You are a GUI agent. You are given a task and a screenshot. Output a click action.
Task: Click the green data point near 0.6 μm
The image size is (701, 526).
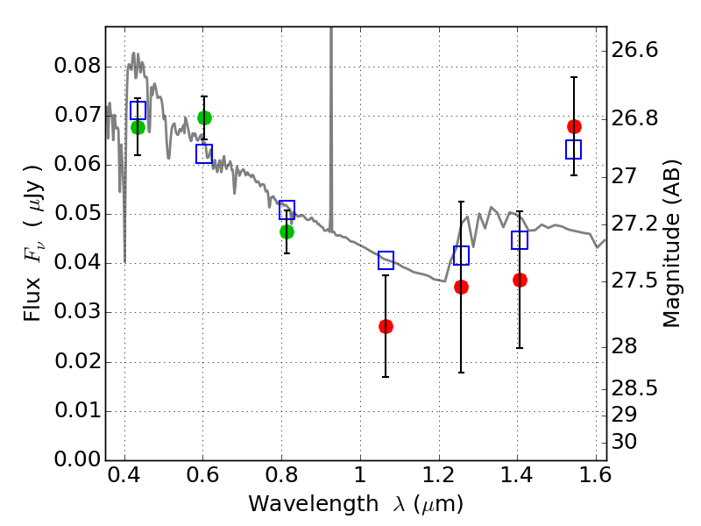(204, 117)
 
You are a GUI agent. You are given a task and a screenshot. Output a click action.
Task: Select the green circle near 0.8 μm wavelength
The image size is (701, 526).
(287, 231)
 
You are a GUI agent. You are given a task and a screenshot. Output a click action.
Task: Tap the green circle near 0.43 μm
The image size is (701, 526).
(138, 127)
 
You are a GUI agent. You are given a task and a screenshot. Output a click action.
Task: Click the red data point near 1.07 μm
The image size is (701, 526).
(386, 326)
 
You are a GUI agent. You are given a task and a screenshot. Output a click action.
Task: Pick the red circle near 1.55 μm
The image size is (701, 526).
(574, 126)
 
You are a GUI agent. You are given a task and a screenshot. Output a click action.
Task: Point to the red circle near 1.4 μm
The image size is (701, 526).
(520, 280)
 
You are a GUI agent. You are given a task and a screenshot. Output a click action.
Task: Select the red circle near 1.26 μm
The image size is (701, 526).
(462, 288)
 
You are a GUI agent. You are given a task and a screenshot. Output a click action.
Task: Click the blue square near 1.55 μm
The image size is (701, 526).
(574, 149)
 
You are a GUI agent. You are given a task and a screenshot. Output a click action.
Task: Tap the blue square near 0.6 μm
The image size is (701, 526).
(204, 154)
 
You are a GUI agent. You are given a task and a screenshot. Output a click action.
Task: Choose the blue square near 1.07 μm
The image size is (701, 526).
(386, 259)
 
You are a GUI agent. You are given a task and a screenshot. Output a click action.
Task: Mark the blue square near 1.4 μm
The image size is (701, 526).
(520, 240)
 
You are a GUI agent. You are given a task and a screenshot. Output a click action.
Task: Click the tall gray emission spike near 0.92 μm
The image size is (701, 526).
(331, 129)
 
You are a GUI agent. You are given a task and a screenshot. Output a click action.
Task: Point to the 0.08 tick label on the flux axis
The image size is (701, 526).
(78, 66)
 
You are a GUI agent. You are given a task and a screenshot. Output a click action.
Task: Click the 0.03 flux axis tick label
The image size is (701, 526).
(78, 311)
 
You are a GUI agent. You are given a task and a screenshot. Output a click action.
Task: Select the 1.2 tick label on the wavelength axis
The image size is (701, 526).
(439, 475)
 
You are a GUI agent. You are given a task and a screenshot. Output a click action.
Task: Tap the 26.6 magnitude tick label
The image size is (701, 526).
(634, 49)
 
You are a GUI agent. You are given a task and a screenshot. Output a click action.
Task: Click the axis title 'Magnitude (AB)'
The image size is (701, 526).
(671, 244)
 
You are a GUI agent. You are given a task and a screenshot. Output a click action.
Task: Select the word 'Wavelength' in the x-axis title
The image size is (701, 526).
(314, 504)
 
